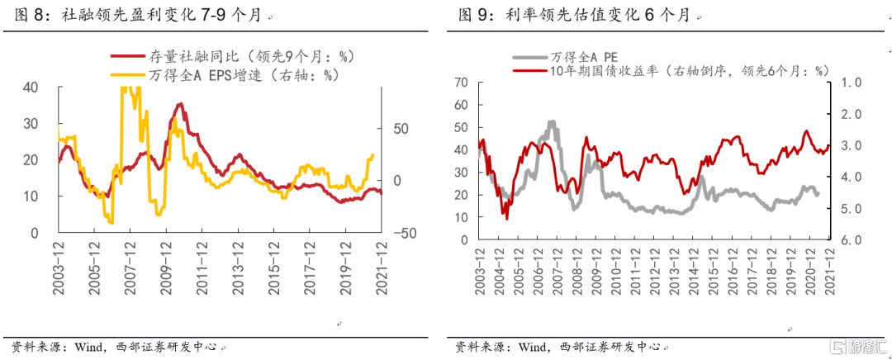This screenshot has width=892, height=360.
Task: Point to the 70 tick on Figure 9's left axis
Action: [x=462, y=83]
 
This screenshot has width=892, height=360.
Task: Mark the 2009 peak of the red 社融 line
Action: [x=180, y=104]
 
